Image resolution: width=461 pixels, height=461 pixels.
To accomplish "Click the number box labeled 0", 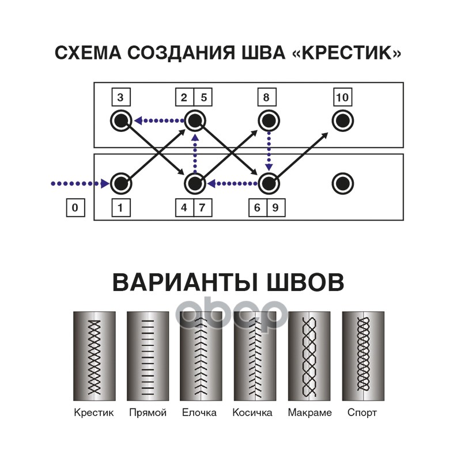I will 75,208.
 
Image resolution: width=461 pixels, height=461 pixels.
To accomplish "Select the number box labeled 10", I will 342,97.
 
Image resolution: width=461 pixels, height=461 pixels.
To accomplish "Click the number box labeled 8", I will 266,97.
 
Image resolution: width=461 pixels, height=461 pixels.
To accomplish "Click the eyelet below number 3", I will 120,121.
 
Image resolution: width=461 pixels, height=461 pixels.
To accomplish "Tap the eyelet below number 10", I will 342,121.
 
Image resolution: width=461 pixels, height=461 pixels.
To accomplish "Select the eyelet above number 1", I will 120,184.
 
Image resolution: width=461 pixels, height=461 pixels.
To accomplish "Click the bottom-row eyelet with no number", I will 342,184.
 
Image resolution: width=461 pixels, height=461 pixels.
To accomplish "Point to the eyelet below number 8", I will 268,121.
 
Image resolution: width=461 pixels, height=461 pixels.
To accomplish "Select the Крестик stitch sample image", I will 94,356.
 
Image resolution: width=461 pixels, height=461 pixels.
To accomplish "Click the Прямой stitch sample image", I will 148,356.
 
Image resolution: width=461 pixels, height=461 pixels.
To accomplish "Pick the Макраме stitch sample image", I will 309,356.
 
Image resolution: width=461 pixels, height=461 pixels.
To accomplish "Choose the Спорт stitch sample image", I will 363,356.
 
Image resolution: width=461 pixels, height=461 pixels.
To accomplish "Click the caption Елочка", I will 199,413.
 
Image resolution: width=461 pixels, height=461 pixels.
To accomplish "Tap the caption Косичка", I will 252,413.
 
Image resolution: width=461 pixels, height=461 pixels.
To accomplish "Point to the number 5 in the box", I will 203,97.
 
